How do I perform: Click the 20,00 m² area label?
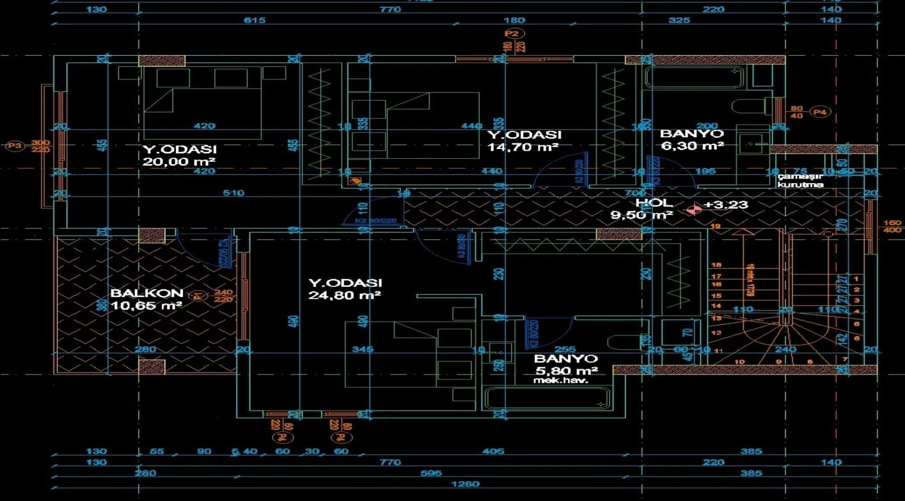[179, 162]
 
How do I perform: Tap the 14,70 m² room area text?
[522, 147]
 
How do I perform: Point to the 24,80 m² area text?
[344, 296]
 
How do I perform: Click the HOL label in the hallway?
[654, 203]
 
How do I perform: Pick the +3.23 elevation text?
[725, 205]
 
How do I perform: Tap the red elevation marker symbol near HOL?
[693, 209]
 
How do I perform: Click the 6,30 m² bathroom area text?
[692, 146]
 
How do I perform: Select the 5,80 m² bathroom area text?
[567, 371]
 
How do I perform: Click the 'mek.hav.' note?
[561, 380]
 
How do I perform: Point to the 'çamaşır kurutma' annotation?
[800, 180]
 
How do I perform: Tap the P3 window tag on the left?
[14, 146]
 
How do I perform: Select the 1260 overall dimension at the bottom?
[465, 484]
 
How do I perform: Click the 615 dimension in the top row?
[255, 20]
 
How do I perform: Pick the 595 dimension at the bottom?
[431, 473]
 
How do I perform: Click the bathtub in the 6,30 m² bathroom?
[694, 77]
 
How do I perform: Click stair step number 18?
[716, 265]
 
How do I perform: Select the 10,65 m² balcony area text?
[146, 305]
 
